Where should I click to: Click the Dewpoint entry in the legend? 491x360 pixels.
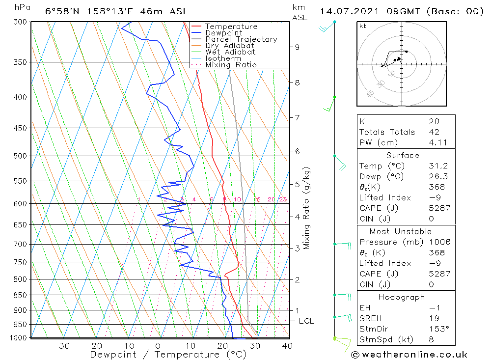click(224, 33)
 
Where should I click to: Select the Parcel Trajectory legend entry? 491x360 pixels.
click(241, 39)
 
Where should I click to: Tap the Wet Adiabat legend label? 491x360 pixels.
click(230, 52)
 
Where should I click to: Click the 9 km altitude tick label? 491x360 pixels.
click(297, 47)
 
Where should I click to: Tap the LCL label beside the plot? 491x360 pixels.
click(306, 321)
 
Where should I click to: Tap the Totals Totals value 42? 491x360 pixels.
click(434, 132)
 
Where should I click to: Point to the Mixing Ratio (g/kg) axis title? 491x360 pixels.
click(306, 208)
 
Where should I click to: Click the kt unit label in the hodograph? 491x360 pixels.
click(362, 26)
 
